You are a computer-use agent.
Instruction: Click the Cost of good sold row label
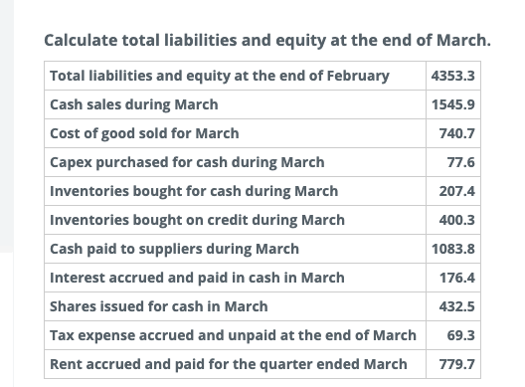144,133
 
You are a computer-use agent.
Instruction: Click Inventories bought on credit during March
197,220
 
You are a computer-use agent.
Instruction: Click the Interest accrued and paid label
197,278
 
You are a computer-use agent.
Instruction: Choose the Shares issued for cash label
158,306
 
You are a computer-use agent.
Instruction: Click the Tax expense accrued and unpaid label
233,335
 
